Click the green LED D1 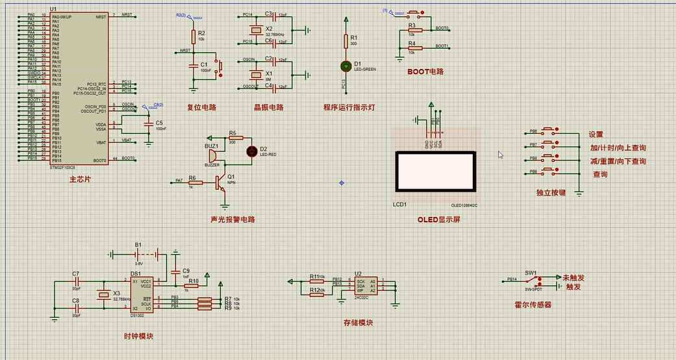point(345,66)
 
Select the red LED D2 point(252,151)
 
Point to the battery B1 point(138,254)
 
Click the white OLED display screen point(434,172)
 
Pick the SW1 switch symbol point(536,281)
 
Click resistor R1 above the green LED point(345,41)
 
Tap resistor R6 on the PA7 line point(192,182)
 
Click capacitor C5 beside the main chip point(149,123)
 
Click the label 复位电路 point(201,107)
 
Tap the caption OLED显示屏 point(439,220)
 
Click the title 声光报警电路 point(233,220)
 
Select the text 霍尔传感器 point(532,304)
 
